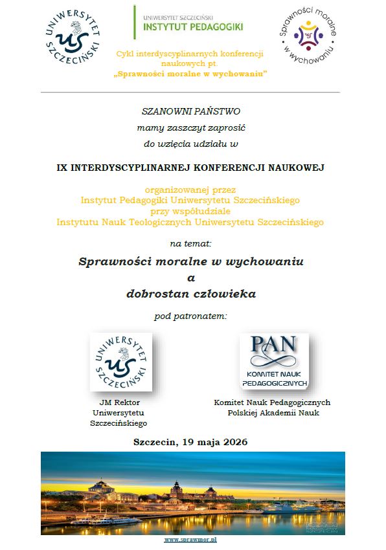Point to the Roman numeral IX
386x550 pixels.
click(62, 167)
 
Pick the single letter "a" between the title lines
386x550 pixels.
click(190, 278)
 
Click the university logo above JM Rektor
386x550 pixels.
click(121, 362)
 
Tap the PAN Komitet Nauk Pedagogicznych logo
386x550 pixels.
click(273, 362)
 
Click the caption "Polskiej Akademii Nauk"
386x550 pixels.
click(273, 413)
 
